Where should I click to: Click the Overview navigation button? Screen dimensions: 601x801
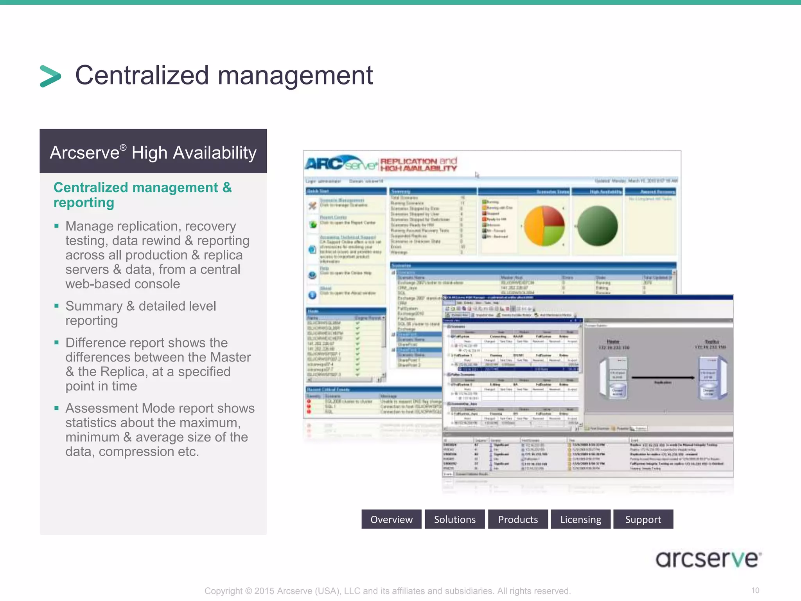point(391,519)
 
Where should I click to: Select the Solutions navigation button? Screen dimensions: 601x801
point(454,519)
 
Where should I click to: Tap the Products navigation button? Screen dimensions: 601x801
point(518,519)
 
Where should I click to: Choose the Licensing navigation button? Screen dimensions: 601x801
point(580,519)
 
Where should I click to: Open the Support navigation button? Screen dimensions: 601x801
point(643,519)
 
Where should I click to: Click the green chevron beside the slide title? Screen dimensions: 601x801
point(50,76)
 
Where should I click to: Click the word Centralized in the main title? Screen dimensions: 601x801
point(142,75)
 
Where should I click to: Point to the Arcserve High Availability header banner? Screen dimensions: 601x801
point(153,152)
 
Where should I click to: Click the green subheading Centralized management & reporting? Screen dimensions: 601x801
point(142,195)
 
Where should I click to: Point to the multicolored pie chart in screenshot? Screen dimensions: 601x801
point(544,226)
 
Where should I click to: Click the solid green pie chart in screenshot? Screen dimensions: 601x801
point(597,226)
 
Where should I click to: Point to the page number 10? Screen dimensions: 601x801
point(755,590)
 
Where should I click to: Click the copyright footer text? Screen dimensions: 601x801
point(387,591)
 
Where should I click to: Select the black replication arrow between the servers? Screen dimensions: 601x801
point(663,378)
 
